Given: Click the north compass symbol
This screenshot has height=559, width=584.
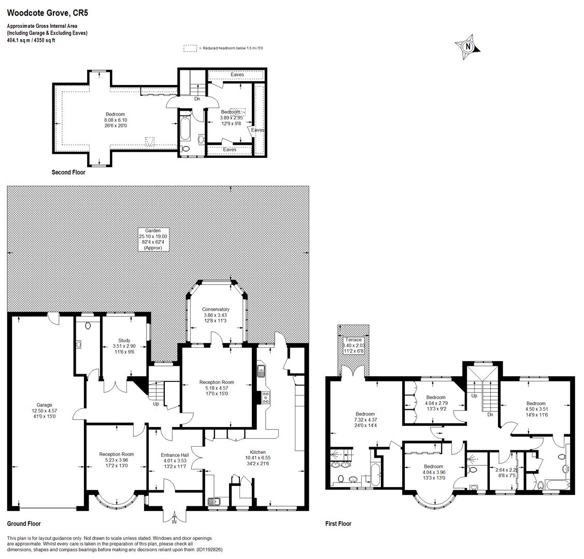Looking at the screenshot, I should tap(468, 46).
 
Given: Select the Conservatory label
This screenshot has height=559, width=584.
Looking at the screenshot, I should tap(216, 310).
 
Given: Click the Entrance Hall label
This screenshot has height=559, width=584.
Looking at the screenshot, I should tap(175, 455).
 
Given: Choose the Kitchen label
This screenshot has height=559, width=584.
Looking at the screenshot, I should tap(258, 452).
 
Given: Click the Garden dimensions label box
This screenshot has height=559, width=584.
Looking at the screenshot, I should tap(153, 239).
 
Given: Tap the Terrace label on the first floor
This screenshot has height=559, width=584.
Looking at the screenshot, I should tap(353, 340).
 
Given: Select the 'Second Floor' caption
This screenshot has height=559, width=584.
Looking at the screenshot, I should tap(68, 172).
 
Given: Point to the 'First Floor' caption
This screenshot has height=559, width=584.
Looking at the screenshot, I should tap(338, 524).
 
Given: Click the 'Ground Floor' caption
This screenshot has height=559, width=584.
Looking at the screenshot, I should tap(24, 524).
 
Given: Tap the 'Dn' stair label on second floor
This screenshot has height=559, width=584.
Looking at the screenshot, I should tap(197, 98).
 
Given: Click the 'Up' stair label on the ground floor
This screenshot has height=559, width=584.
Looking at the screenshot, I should tap(155, 404).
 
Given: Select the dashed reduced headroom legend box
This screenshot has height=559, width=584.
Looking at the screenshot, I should tap(190, 48).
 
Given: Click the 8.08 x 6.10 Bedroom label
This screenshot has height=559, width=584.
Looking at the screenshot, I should tap(115, 120).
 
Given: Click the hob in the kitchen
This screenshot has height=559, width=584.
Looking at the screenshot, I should tap(265, 397).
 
